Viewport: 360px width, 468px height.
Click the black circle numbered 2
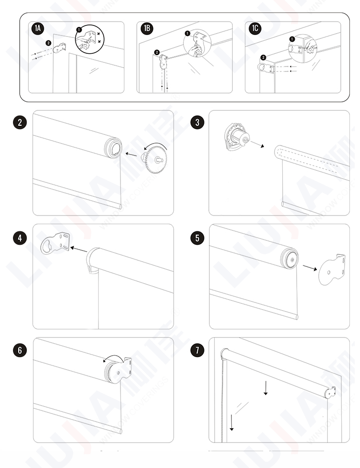click(19, 122)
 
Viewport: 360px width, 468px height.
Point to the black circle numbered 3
click(197, 122)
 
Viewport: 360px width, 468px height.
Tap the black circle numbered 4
click(19, 238)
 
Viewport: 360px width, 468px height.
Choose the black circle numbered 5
click(197, 238)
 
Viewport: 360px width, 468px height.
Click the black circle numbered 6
click(19, 349)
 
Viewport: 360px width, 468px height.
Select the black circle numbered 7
click(197, 349)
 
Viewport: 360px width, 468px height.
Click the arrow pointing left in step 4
click(79, 249)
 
